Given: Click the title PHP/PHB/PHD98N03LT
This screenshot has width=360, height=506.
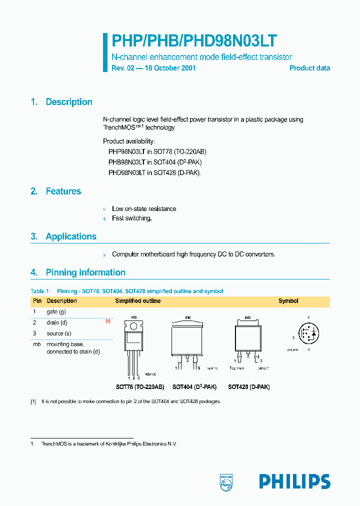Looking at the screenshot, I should [x=194, y=41].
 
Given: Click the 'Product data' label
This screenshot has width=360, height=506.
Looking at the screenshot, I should [x=309, y=68].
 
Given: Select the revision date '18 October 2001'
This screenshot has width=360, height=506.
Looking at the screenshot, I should [x=170, y=68].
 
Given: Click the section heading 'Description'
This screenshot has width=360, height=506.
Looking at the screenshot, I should [x=69, y=102].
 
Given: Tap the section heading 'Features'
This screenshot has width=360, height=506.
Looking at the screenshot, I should [x=63, y=191].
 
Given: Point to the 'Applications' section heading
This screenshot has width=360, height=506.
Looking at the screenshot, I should [x=71, y=236].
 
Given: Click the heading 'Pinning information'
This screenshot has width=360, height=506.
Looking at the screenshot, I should [x=85, y=272].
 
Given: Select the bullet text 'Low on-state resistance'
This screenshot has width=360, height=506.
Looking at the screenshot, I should [x=144, y=209].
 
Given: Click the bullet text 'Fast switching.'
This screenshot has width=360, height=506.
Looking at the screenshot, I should [x=131, y=218].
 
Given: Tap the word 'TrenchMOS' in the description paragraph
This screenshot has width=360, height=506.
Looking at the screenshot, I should [x=121, y=127].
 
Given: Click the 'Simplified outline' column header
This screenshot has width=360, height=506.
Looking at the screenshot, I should [x=138, y=301].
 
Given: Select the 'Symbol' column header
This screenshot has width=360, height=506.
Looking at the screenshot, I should [x=288, y=301].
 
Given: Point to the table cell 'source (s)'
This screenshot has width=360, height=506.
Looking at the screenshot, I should [x=59, y=333].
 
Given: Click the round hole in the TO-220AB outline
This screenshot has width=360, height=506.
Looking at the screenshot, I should [x=133, y=326].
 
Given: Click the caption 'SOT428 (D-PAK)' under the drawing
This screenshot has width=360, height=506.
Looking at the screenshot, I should [x=248, y=387].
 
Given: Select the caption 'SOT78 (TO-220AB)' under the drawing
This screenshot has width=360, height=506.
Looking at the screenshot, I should [x=140, y=387].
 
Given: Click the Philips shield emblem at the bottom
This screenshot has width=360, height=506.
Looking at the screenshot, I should [x=226, y=481].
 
